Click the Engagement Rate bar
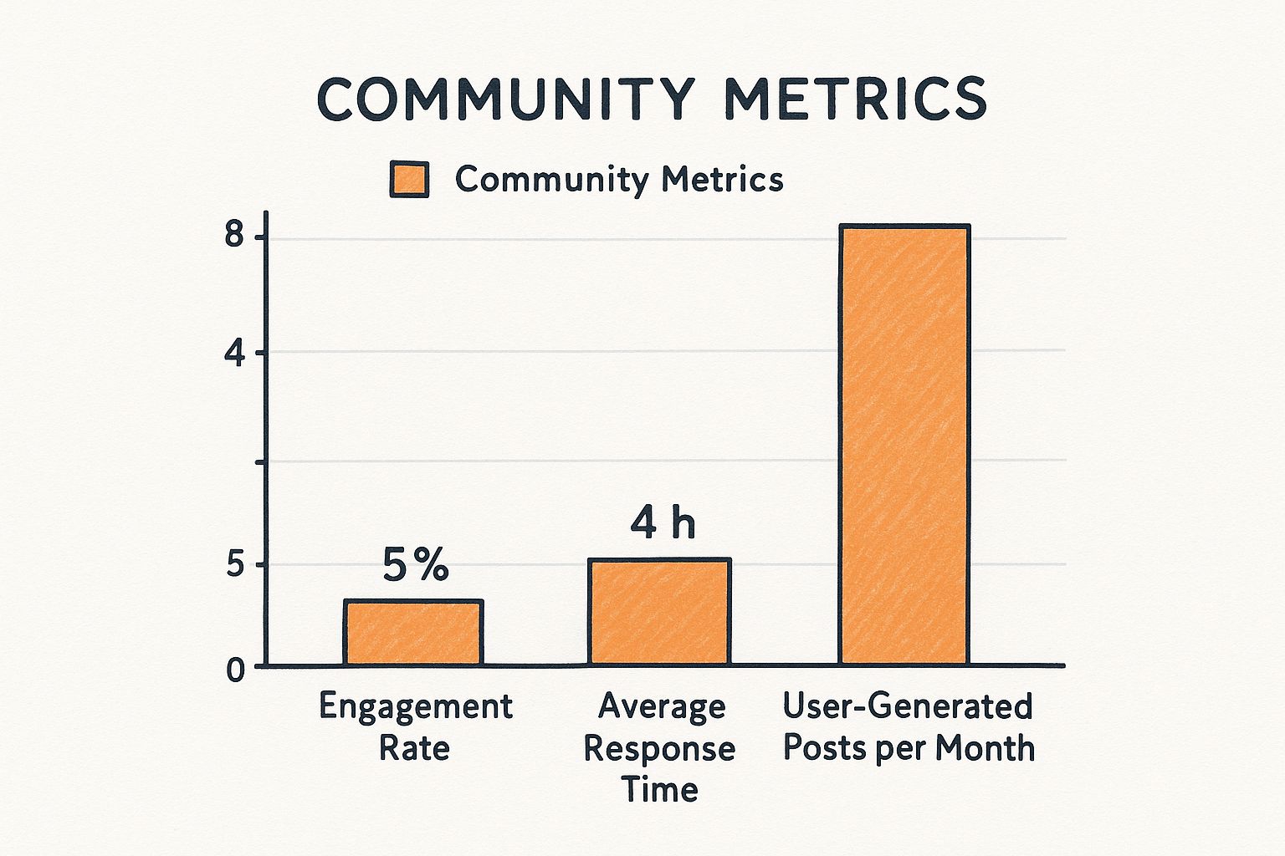tap(412, 633)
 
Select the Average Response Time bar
tap(659, 612)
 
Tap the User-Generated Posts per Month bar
tap(904, 445)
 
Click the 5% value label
tap(416, 566)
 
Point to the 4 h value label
tap(662, 524)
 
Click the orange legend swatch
tap(409, 180)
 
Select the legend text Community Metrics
tap(619, 180)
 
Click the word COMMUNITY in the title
tap(505, 99)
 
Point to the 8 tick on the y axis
tap(234, 237)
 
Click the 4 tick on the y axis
tap(234, 354)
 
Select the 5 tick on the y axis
tap(234, 566)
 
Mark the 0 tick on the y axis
tap(236, 670)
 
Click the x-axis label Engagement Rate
tap(415, 726)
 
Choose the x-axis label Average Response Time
tap(660, 747)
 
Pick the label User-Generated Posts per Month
tap(909, 726)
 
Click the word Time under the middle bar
tap(660, 789)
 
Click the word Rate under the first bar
tap(415, 747)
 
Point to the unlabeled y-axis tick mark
tap(260, 461)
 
